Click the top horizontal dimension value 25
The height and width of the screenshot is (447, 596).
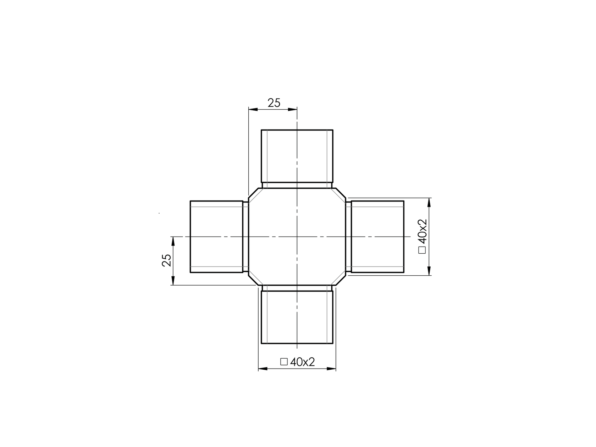coord(274,103)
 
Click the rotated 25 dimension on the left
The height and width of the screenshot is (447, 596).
coord(166,260)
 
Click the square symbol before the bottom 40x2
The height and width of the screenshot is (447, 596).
coord(284,362)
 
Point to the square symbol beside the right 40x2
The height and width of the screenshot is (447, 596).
coord(422,250)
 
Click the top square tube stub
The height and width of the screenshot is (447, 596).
coord(297,156)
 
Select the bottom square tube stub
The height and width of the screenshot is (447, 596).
coord(297,317)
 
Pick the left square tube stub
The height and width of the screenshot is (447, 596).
coord(216,237)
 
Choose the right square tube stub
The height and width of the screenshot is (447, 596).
coord(377,237)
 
